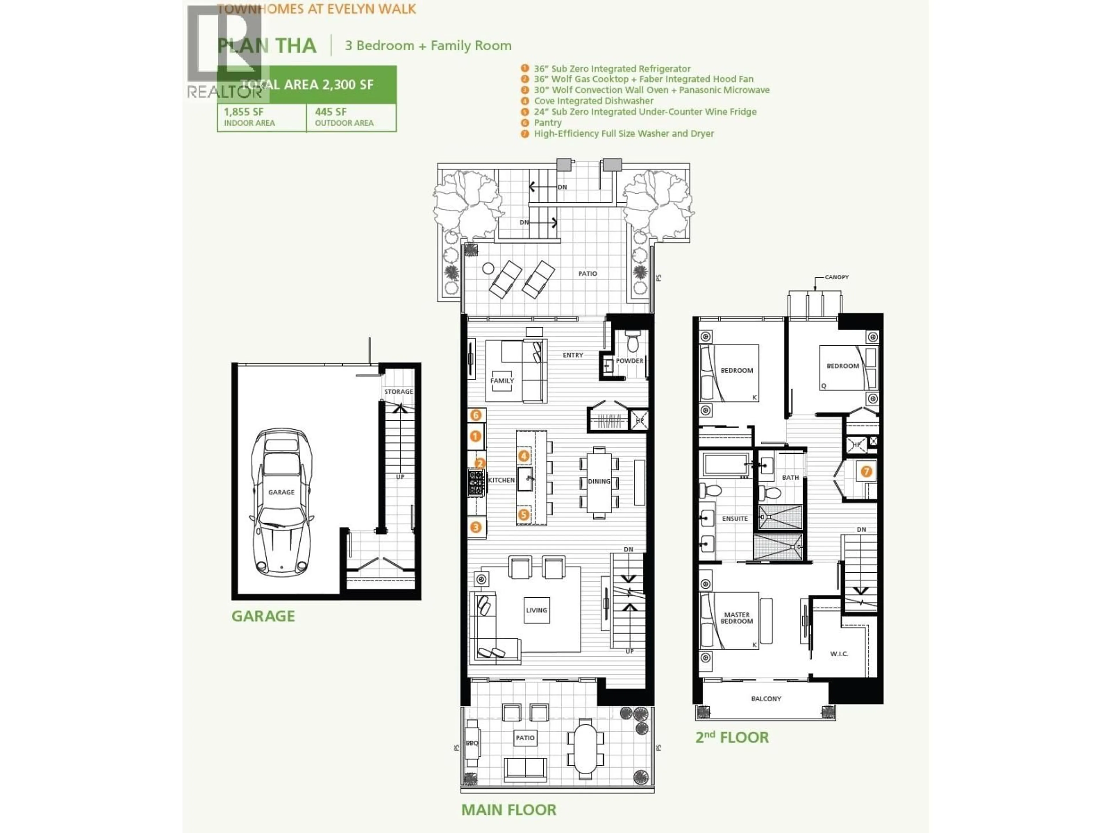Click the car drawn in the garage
tap(281, 502)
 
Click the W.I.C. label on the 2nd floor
tap(839, 654)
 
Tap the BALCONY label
tap(766, 699)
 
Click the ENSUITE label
tap(735, 518)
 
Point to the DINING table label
tap(599, 481)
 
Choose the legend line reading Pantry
tap(547, 123)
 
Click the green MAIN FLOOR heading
tap(508, 809)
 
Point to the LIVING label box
tap(536, 610)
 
